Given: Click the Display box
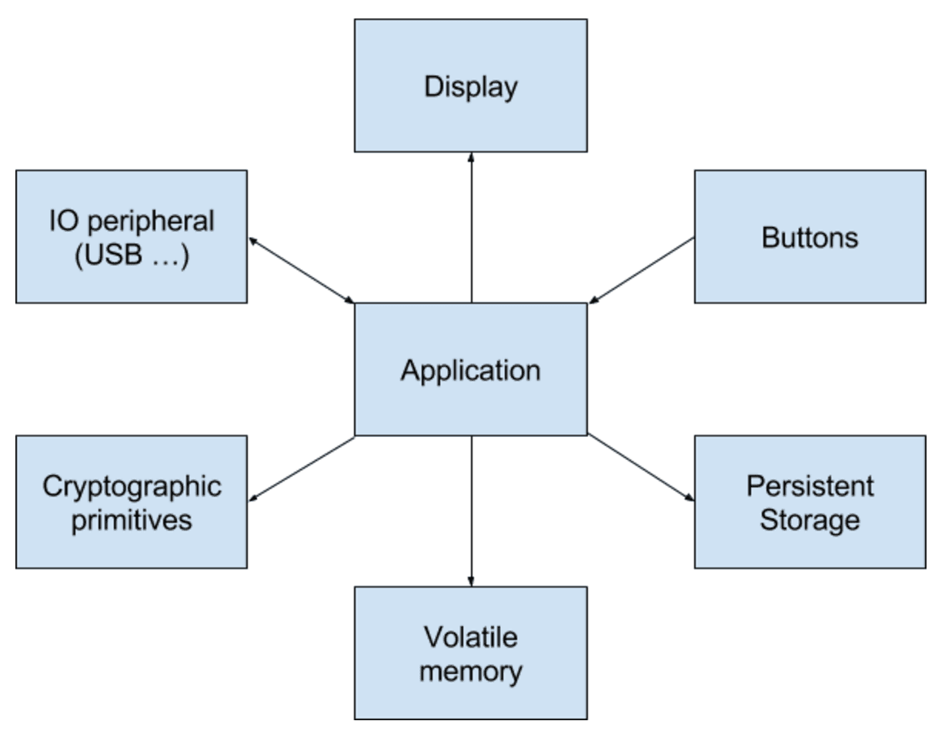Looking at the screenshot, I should point(470,85).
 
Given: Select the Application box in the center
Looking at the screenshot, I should point(470,369).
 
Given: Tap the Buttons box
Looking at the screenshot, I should point(810,237).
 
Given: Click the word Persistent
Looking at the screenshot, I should point(810,486).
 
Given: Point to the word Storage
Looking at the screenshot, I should point(810,520).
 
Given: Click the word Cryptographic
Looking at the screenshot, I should point(132,486).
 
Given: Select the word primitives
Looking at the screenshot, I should point(132,520).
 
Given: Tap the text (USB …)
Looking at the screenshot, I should point(132,255).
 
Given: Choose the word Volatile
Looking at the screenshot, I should point(470,637).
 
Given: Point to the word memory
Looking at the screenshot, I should point(470,671).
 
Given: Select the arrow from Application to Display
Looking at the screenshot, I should point(471,231).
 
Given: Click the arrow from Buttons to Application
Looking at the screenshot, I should point(643,270).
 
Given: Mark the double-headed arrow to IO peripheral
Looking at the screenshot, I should point(301,270).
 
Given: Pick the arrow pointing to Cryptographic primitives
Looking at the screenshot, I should point(301,469).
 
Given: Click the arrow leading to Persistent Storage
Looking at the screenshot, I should point(641,469).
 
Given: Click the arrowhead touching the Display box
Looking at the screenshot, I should point(471,157).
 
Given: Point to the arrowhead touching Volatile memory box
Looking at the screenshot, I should point(471,581).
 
